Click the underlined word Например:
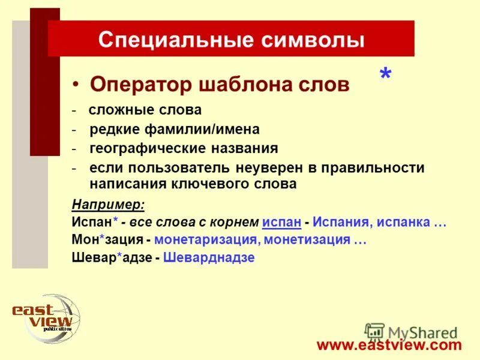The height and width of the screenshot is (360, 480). pyautogui.click(x=108, y=205)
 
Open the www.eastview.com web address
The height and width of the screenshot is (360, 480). pyautogui.click(x=389, y=344)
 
